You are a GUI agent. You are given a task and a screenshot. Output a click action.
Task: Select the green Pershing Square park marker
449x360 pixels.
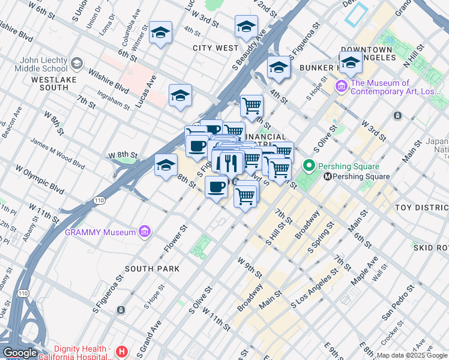309,166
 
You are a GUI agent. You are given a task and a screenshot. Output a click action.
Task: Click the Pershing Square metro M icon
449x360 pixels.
328,176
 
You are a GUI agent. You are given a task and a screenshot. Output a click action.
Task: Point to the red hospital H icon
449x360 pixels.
122,351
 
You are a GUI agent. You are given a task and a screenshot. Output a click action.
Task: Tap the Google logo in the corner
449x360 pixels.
20,353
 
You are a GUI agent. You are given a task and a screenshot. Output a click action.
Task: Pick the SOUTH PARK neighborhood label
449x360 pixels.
152,269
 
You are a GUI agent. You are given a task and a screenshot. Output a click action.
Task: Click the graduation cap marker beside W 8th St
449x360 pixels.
166,166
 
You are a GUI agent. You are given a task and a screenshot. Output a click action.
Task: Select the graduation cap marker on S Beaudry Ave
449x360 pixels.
246,26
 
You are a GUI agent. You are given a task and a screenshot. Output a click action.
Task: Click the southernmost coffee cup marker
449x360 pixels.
216,187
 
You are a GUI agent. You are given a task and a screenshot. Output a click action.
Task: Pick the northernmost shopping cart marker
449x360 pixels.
252,106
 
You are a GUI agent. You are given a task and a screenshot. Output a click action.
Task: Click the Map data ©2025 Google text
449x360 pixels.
412,355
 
